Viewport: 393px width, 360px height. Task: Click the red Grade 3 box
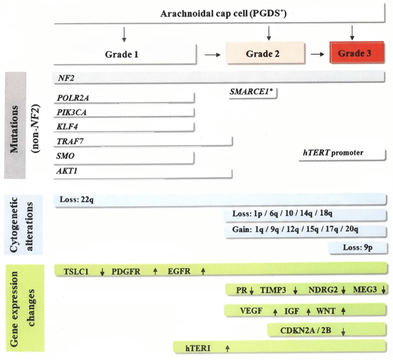355,53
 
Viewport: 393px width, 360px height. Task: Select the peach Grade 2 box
266,53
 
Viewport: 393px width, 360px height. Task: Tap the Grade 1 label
121,54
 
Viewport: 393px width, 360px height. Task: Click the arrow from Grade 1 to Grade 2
212,54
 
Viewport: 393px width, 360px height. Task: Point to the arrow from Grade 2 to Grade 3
318,54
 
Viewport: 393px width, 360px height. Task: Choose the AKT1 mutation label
67,171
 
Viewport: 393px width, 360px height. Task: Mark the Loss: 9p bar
358,248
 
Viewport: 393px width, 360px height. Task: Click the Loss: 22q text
77,200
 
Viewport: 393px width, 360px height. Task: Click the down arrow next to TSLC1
102,271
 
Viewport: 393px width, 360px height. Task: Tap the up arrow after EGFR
203,271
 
